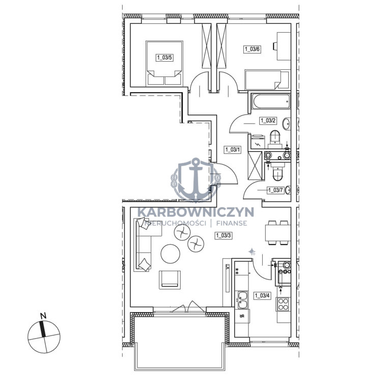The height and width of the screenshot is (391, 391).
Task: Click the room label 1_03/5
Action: point(164,58)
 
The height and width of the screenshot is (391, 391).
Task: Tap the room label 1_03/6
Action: point(252,49)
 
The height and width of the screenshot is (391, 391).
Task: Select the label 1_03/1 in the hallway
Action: point(233,150)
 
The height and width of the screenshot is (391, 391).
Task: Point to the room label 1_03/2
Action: point(268,121)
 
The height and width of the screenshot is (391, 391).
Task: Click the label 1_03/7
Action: point(275,190)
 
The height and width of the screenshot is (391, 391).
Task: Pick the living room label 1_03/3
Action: point(224,235)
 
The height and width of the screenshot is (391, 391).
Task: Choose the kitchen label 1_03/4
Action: point(262,296)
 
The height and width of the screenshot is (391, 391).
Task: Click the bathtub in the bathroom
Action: point(271,101)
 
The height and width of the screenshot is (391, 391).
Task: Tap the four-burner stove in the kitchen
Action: point(283,304)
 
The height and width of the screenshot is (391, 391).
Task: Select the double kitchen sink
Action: point(242,300)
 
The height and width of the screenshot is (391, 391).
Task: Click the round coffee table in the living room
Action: point(171,254)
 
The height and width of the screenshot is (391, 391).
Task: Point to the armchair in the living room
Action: point(170,280)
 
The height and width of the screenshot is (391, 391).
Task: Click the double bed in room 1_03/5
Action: point(164,63)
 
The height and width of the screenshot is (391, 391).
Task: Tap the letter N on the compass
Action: point(43,316)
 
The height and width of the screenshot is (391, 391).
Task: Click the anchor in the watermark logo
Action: point(195,179)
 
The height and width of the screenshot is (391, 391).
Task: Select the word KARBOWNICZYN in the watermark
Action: point(195,212)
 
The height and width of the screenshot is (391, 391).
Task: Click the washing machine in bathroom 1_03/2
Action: point(257,142)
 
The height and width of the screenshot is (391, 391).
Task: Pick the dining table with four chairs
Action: point(278,233)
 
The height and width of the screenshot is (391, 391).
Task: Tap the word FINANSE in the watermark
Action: point(232,223)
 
